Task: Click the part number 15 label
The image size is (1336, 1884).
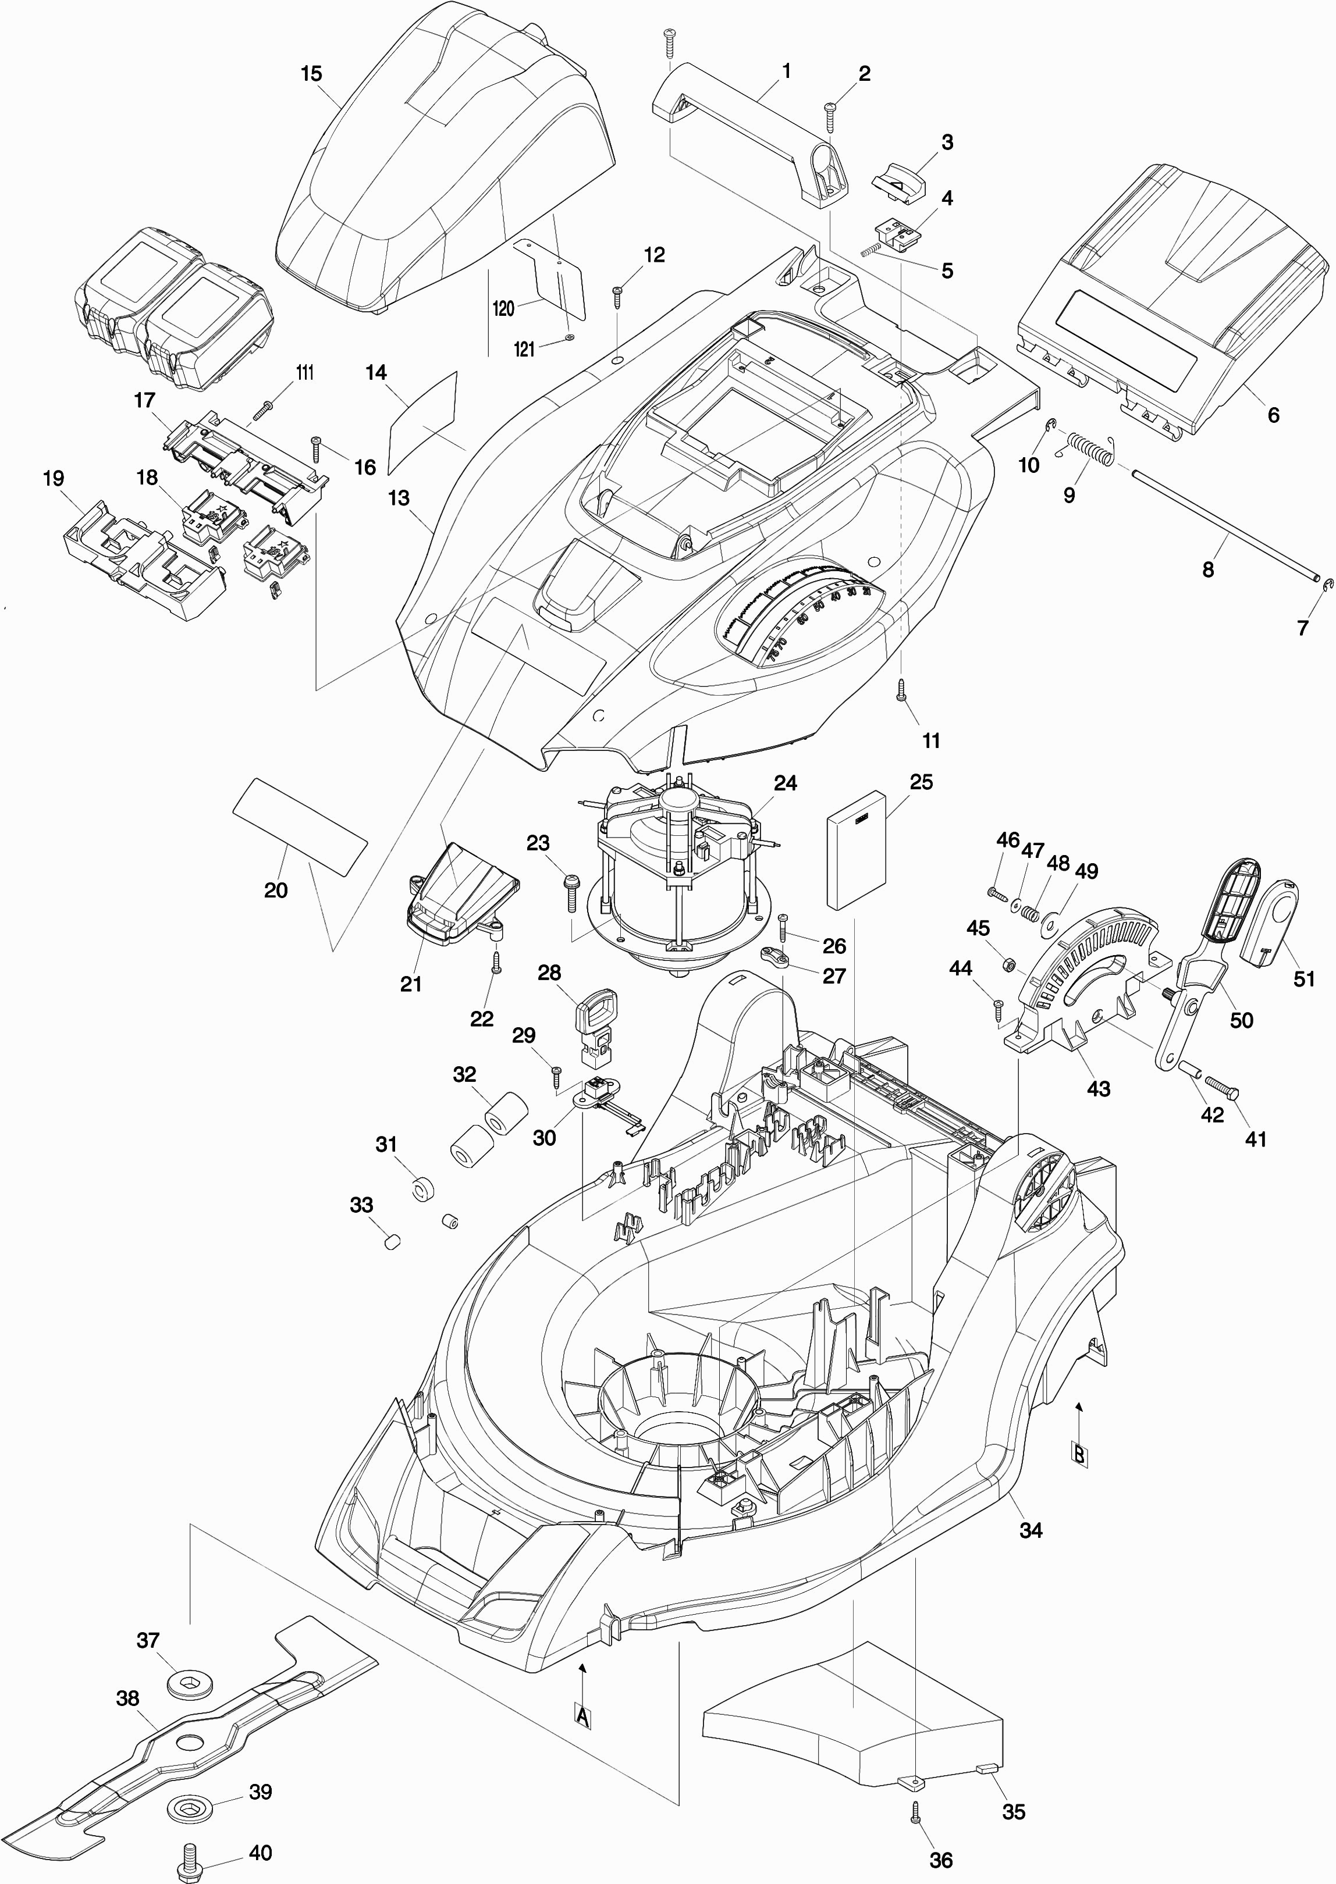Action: click(311, 74)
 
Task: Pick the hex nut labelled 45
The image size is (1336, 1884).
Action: click(1010, 964)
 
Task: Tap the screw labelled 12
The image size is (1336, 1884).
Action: click(619, 296)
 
